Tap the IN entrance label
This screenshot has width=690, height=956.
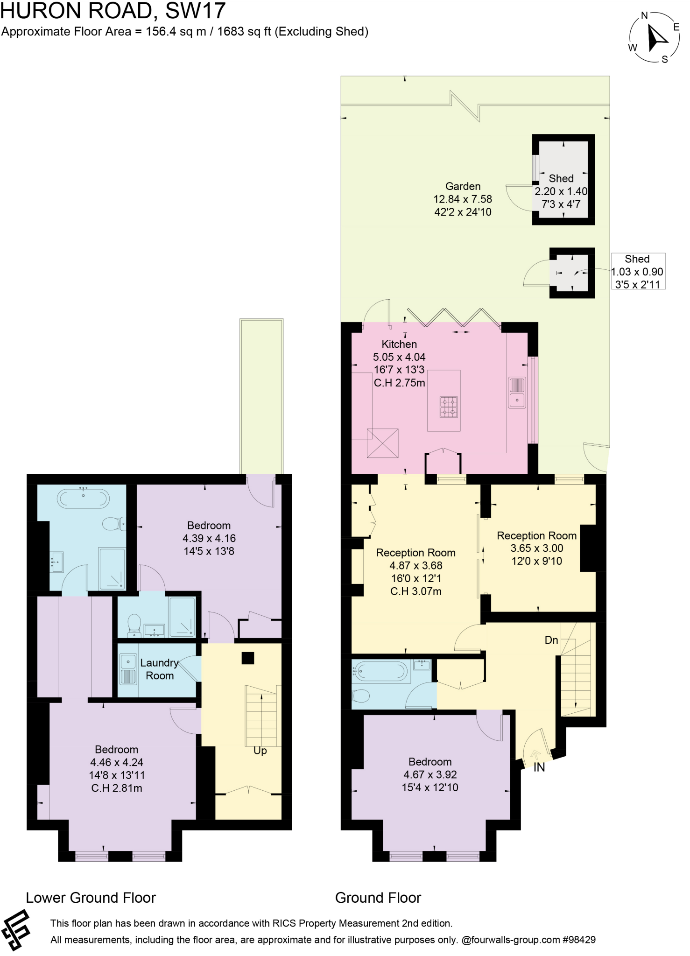tap(539, 767)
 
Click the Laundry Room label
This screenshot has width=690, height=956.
tap(160, 669)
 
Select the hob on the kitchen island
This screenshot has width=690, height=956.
tap(449, 407)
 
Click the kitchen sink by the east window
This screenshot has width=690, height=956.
tap(517, 393)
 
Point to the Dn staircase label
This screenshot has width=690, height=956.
tap(551, 640)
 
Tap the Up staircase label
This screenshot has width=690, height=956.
tap(260, 750)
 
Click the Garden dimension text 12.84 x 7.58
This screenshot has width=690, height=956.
tap(463, 199)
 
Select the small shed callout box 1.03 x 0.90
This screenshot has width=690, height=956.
tap(638, 272)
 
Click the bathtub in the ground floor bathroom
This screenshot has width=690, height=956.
tap(380, 671)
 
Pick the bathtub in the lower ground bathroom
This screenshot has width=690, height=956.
tap(84, 498)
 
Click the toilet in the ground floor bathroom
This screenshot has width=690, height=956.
tap(361, 696)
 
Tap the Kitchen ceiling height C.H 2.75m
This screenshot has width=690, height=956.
tap(399, 383)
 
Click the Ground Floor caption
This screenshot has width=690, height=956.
tap(378, 897)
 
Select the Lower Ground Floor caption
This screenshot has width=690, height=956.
tap(91, 897)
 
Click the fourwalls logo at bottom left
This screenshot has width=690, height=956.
tap(15, 930)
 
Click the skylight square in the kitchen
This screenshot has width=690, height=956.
tap(382, 443)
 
